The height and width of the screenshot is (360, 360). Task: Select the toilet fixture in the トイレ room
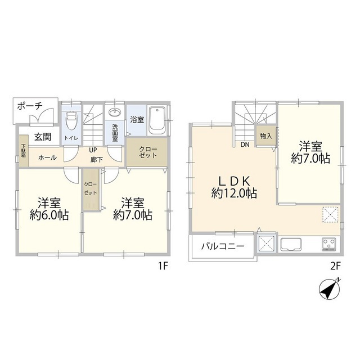[x=71, y=120]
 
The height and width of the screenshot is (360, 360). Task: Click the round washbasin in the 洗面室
[x=115, y=111]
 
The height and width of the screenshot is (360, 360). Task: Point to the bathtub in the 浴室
[x=157, y=121]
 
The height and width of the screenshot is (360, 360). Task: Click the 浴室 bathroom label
[x=137, y=119]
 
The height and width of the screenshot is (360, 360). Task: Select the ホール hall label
[x=47, y=157]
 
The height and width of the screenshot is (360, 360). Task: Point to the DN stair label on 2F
[x=245, y=145]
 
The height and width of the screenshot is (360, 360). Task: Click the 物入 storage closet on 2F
[x=265, y=136]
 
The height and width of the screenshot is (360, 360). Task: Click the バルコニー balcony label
[x=223, y=246]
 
